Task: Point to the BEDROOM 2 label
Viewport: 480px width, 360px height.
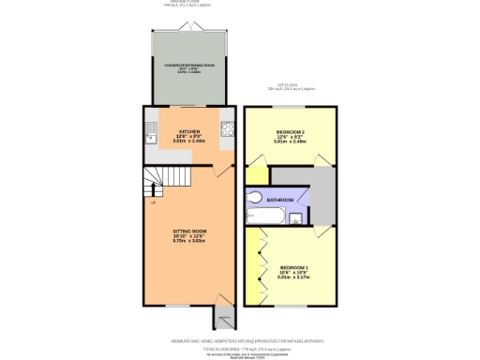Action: point(292,132)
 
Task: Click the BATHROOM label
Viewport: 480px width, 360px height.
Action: point(280,200)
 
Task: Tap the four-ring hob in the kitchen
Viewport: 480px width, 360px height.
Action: point(225,131)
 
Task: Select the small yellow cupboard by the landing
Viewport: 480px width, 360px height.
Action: point(254,176)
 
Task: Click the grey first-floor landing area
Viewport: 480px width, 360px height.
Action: point(319,192)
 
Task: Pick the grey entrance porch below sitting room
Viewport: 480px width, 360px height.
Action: point(221,313)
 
